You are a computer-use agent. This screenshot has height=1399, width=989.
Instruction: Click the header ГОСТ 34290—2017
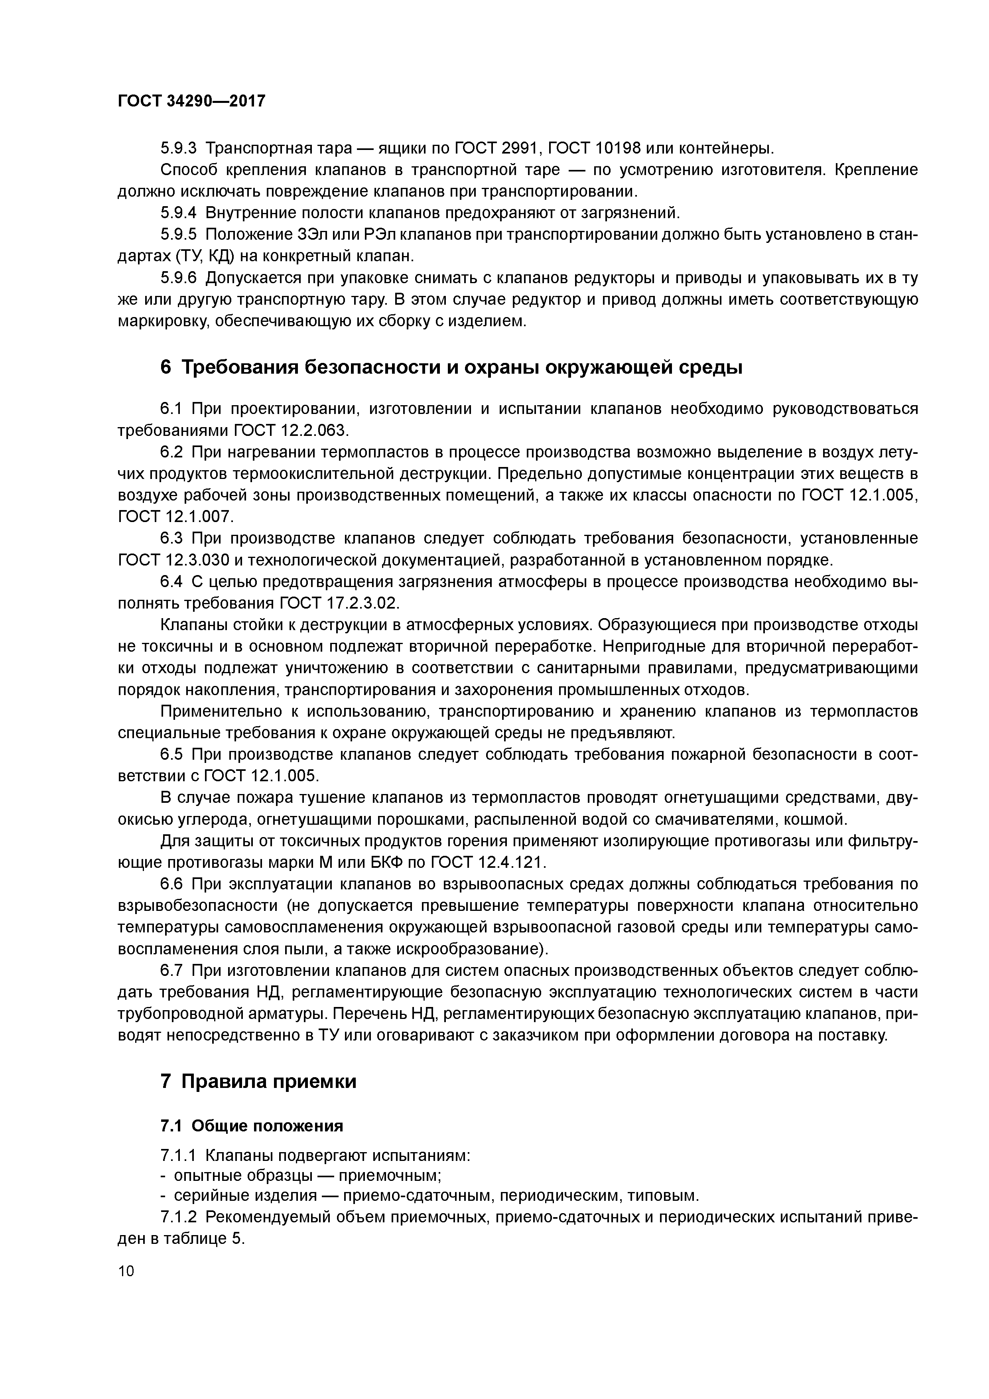point(191,101)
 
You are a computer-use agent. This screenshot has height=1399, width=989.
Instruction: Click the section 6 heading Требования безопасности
point(451,368)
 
